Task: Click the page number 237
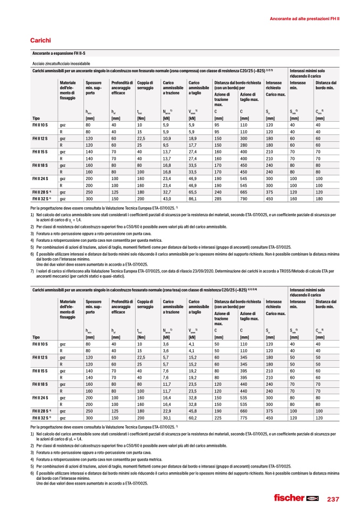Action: [x=332, y=498]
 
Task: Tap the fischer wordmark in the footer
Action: [x=288, y=498]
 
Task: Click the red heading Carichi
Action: [x=41, y=40]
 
